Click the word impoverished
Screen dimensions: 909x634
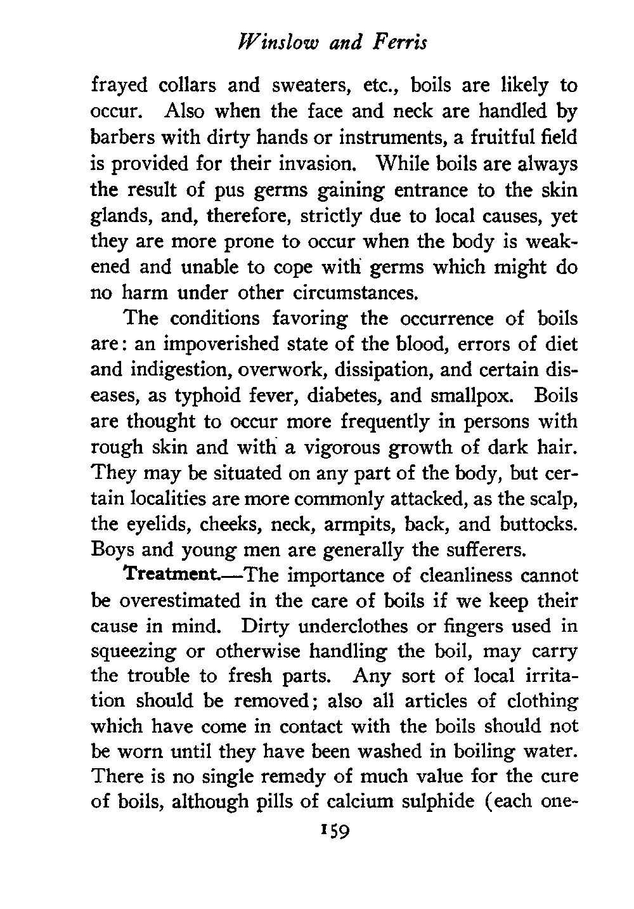tap(216, 344)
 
